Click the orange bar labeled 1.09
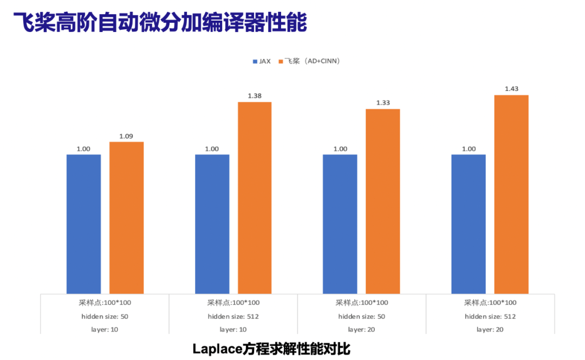point(127,218)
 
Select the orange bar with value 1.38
point(255,198)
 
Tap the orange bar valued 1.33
point(383,201)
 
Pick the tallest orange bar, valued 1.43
point(511,194)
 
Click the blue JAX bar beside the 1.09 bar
point(83,224)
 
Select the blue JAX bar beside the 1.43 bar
point(469,224)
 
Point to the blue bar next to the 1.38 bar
point(212,224)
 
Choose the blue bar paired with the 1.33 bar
point(340,224)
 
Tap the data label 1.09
point(126,136)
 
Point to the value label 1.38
point(255,96)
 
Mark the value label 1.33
point(383,103)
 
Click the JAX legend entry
point(262,61)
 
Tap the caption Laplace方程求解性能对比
point(271,349)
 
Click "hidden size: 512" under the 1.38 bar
point(233,316)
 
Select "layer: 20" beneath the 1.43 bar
point(490,329)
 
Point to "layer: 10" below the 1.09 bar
point(105,329)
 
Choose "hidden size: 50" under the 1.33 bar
point(361,316)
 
